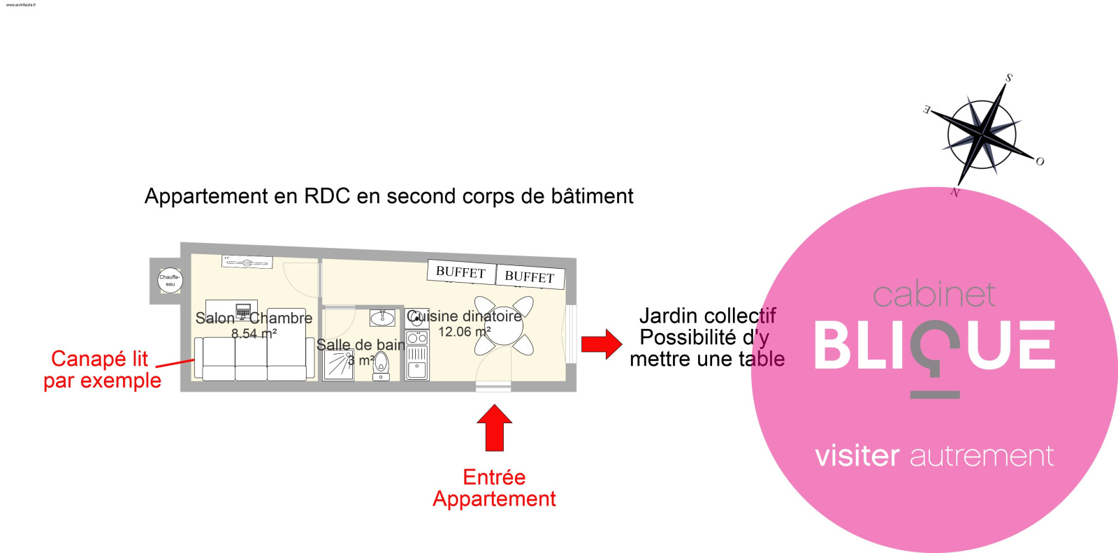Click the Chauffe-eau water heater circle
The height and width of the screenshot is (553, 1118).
pyautogui.click(x=170, y=281)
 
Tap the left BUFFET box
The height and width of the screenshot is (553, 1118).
pyautogui.click(x=460, y=272)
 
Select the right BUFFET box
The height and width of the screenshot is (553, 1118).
pyautogui.click(x=529, y=276)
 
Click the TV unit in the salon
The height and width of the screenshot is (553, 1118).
pyautogui.click(x=247, y=263)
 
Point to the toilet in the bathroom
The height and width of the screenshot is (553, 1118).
pyautogui.click(x=381, y=365)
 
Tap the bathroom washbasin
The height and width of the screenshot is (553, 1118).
pyautogui.click(x=382, y=318)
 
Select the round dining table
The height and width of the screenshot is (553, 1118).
pyautogui.click(x=503, y=325)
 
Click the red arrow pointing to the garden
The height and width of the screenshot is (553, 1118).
pyautogui.click(x=601, y=344)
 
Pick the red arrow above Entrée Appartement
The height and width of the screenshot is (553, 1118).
pyautogui.click(x=494, y=427)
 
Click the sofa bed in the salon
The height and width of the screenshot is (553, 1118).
pyautogui.click(x=253, y=359)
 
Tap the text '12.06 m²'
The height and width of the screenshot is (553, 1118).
pyautogui.click(x=464, y=332)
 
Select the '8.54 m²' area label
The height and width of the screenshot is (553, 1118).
pyautogui.click(x=254, y=334)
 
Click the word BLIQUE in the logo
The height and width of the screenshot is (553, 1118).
pyautogui.click(x=934, y=345)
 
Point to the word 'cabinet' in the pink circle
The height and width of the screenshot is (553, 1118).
pyautogui.click(x=934, y=295)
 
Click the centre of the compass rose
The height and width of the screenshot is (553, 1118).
pyautogui.click(x=982, y=132)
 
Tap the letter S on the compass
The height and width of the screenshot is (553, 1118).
pyautogui.click(x=1008, y=78)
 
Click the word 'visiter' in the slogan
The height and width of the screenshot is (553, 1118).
pyautogui.click(x=857, y=455)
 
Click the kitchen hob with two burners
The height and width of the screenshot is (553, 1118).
pyautogui.click(x=417, y=338)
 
